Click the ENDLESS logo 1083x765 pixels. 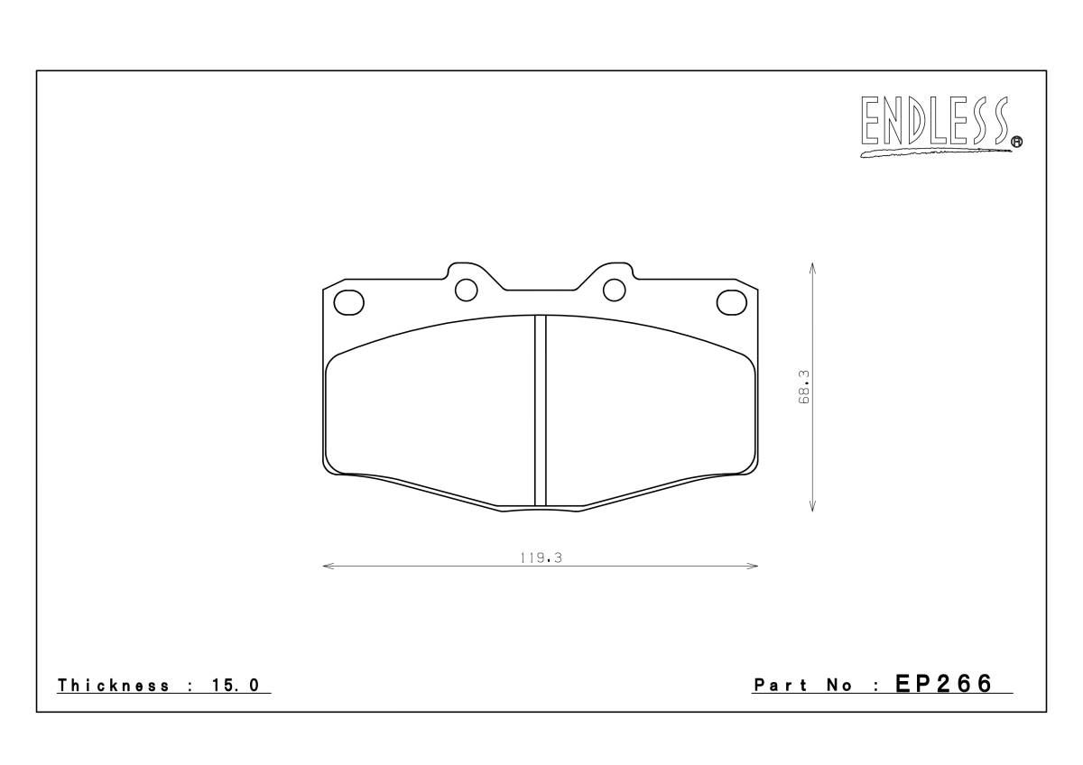click(940, 126)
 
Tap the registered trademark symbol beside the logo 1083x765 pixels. click(1017, 142)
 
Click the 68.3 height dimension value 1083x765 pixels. click(804, 387)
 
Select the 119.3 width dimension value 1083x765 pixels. click(541, 558)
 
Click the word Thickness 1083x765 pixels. click(113, 686)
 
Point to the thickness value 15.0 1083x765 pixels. click(236, 686)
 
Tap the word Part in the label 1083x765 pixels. click(781, 686)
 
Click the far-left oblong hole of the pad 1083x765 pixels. click(348, 302)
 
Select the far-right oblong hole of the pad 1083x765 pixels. click(732, 302)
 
